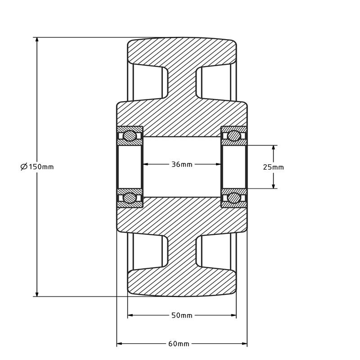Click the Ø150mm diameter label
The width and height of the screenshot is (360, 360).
[37, 166]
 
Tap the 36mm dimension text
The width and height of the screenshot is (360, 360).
[182, 164]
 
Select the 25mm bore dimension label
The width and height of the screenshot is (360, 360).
[273, 167]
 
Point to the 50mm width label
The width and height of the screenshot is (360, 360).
[182, 315]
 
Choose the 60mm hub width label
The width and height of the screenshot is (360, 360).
[179, 344]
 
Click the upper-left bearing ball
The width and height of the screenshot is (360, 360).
[129, 136]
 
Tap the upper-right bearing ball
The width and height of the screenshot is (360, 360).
[234, 136]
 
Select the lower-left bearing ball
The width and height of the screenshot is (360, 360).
[129, 198]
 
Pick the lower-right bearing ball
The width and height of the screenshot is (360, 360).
[234, 198]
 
